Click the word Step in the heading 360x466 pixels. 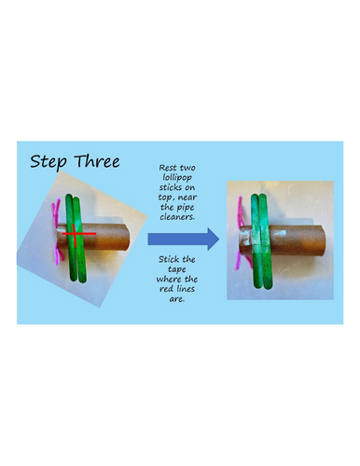[48, 162]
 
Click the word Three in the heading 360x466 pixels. [97, 161]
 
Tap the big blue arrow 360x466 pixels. [184, 239]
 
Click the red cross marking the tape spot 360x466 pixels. [76, 234]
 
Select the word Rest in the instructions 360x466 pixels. [168, 168]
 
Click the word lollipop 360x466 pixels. [177, 178]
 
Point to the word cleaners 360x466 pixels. [177, 217]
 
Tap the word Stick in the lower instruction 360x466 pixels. [168, 259]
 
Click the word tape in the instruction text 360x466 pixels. [177, 269]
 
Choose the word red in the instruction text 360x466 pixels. [166, 289]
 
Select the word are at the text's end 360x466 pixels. [177, 299]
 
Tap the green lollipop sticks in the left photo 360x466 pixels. [76, 239]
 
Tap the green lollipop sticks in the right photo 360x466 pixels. [260, 241]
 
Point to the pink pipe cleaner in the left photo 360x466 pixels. [57, 231]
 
